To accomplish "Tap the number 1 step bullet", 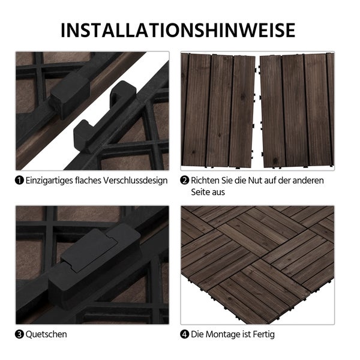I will (20, 180).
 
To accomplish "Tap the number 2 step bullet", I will (185, 180).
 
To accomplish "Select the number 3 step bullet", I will (20, 334).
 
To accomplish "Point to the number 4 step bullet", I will (185, 334).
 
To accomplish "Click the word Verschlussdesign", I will (136, 180).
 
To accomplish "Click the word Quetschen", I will (46, 334).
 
